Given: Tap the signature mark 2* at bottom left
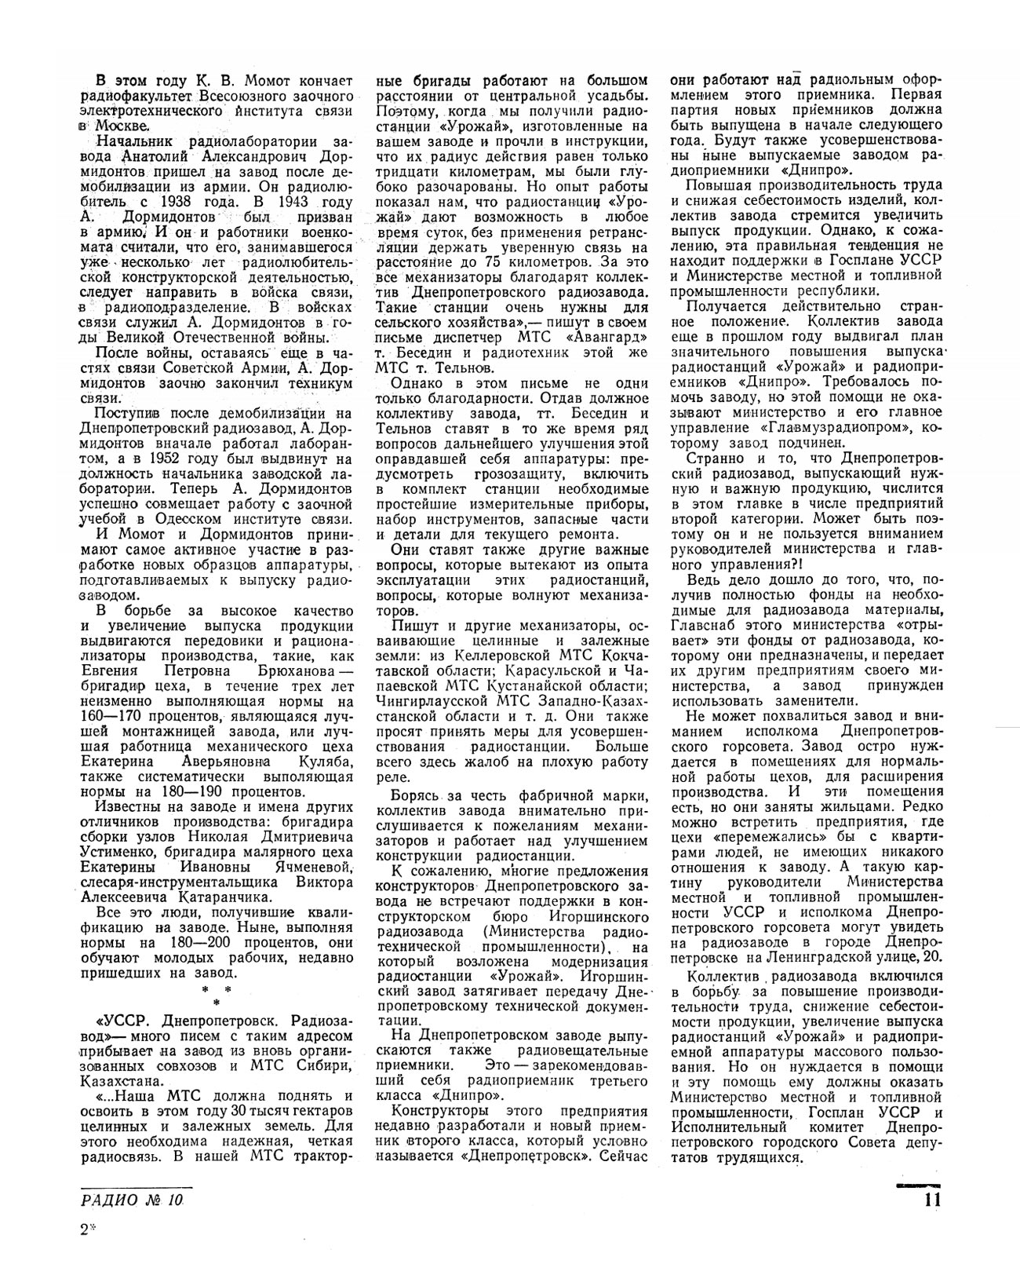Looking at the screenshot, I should pyautogui.click(x=86, y=1230).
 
